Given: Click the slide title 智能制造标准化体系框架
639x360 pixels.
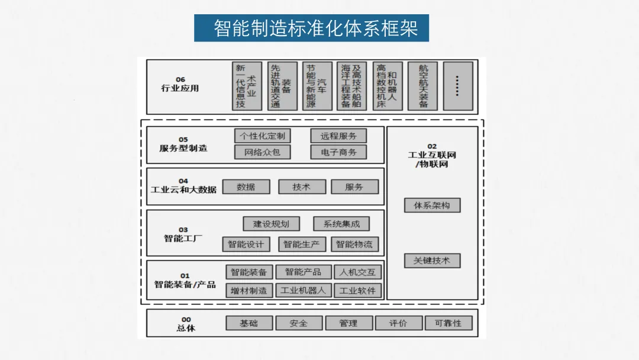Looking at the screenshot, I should pos(312,28).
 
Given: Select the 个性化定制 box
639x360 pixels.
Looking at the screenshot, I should pos(262,136).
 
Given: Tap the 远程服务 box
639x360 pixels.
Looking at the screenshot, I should pos(338,136).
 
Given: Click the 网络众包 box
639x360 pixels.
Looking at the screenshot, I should pos(262,152).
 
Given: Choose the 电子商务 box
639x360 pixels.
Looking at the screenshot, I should pos(338,152).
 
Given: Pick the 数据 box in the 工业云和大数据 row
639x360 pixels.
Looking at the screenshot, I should pos(246,187).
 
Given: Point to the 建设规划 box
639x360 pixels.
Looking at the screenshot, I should pos(271,224).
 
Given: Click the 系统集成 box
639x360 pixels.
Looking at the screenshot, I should pos(341,224).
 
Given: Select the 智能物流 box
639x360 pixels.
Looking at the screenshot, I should pos(354,244).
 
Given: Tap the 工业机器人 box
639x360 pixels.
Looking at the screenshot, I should pos(303,291).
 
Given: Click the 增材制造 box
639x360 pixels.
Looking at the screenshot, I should pos(248,291).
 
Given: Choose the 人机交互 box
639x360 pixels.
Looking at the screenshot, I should pos(357,272).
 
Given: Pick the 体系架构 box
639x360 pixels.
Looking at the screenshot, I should pos(432,205).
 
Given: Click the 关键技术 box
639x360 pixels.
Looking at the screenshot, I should pos(432,261).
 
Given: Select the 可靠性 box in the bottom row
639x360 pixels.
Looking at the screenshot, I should pos(448,323).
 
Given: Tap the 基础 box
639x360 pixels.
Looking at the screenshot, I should pos(249,323).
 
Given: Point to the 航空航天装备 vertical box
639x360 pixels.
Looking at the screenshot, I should pos(424,86).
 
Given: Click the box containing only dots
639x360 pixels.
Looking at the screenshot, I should pos(457,86).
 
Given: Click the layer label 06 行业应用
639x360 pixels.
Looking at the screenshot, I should pos(180,85).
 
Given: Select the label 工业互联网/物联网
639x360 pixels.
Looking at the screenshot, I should pos(432,156).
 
